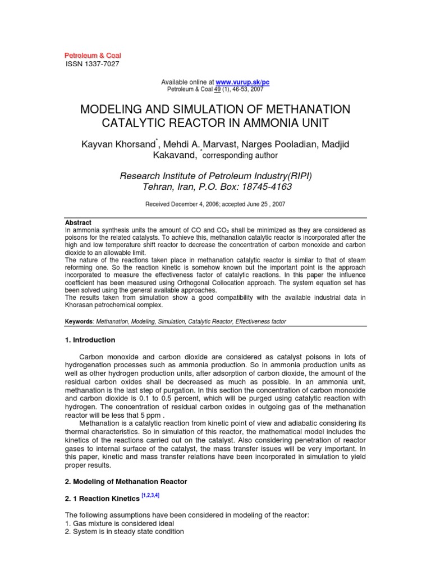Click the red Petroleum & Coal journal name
click(93, 55)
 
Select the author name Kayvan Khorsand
click(120, 145)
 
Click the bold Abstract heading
click(79, 223)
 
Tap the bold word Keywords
click(80, 322)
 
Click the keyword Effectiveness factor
click(261, 322)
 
